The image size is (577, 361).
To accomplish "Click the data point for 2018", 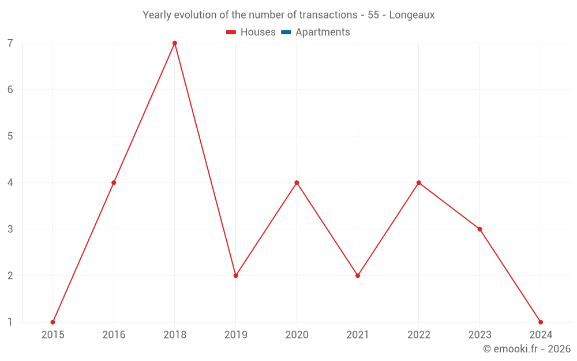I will [175, 43].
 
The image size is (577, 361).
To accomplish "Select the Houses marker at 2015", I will [53, 322].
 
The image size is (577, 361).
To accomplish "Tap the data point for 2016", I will [114, 183].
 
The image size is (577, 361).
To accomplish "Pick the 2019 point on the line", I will [236, 276].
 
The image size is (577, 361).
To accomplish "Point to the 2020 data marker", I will [297, 183].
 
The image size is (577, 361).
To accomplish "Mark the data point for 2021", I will [358, 276].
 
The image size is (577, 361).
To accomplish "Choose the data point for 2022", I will [419, 183].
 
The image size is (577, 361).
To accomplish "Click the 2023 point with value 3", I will [479, 229].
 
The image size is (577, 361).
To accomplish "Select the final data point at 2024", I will [541, 322].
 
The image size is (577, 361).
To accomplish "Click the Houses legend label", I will [258, 32].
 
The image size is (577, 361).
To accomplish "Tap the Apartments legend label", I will [323, 32].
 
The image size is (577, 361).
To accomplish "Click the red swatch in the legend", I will [231, 32].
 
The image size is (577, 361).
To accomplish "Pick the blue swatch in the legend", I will [286, 32].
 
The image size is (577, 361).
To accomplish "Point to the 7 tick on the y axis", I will [10, 43].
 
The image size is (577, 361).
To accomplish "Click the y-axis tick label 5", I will [10, 136].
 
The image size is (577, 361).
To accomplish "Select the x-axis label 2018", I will [175, 335].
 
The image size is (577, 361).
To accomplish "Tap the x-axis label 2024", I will [541, 335].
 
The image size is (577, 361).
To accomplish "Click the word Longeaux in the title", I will [412, 15].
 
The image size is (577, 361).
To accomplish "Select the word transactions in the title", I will [328, 15].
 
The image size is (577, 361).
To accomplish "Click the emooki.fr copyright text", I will [527, 349].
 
